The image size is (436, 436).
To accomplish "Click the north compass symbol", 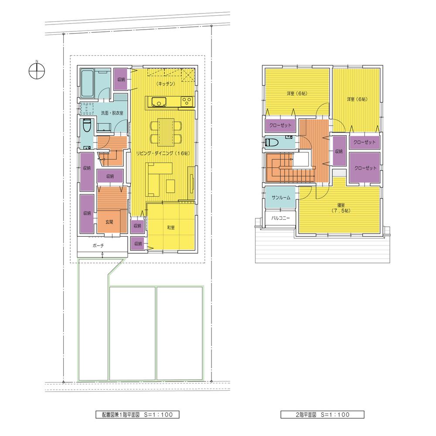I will [37, 69].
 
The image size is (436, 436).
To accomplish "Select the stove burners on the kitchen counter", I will [187, 102].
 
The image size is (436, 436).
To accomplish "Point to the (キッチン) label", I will [165, 82].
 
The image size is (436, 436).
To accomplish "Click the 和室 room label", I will [171, 227].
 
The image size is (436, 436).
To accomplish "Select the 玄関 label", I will [109, 222].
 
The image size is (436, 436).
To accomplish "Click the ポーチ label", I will [99, 245].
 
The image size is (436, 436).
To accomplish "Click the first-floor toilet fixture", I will [86, 127].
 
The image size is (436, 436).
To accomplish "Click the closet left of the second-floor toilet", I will [280, 126].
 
